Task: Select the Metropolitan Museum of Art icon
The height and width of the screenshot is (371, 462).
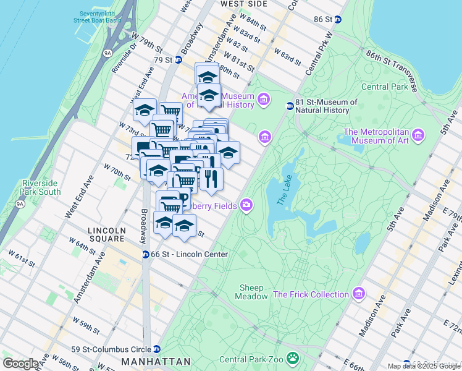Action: click(418, 135)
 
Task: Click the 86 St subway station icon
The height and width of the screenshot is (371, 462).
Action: click(337, 19)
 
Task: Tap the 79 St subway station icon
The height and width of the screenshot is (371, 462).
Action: click(178, 60)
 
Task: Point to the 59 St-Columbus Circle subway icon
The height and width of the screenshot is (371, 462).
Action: click(157, 349)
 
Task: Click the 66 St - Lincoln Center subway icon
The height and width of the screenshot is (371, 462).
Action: click(145, 254)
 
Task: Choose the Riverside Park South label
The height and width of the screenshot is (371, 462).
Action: click(41, 187)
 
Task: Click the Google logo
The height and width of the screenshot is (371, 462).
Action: click(20, 364)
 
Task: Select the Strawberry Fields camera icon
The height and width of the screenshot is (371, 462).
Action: click(246, 205)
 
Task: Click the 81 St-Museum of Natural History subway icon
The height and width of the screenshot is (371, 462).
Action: click(289, 106)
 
